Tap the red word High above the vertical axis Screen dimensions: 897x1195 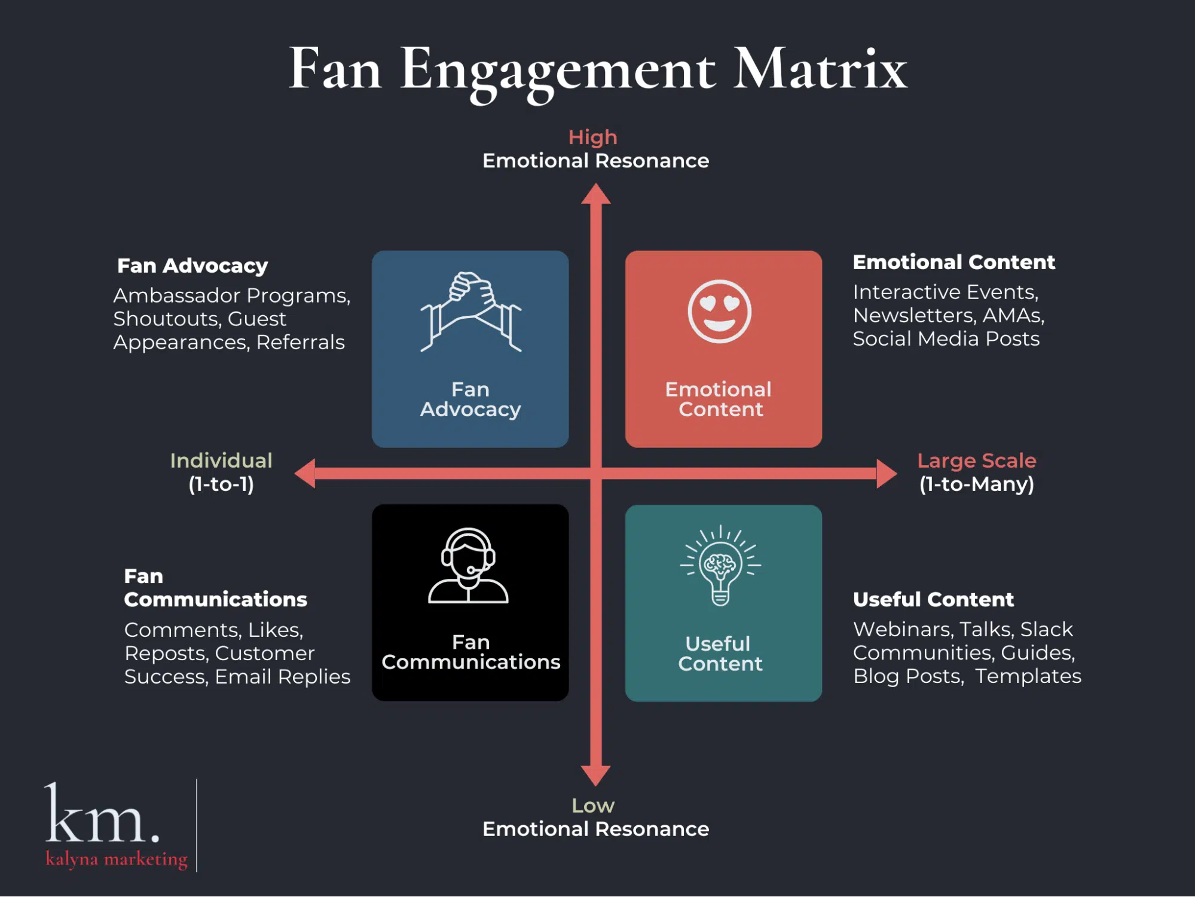point(592,138)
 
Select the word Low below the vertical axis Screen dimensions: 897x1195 point(592,806)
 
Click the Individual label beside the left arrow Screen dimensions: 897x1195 point(221,460)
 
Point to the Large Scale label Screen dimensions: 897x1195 point(976,460)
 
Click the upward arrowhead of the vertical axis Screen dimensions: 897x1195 point(595,195)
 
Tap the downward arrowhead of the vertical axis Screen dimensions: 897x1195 point(595,775)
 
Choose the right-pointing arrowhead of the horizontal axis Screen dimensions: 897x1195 point(886,474)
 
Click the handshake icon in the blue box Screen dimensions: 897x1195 point(470,312)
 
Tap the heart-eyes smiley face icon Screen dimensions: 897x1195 point(719,311)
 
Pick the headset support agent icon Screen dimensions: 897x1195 point(468,566)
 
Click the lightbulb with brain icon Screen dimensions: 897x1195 point(720,566)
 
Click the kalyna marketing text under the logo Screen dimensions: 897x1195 point(117,859)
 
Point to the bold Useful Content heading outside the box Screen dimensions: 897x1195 point(933,599)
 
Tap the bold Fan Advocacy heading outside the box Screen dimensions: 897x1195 point(192,266)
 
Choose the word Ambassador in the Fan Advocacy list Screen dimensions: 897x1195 point(176,295)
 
